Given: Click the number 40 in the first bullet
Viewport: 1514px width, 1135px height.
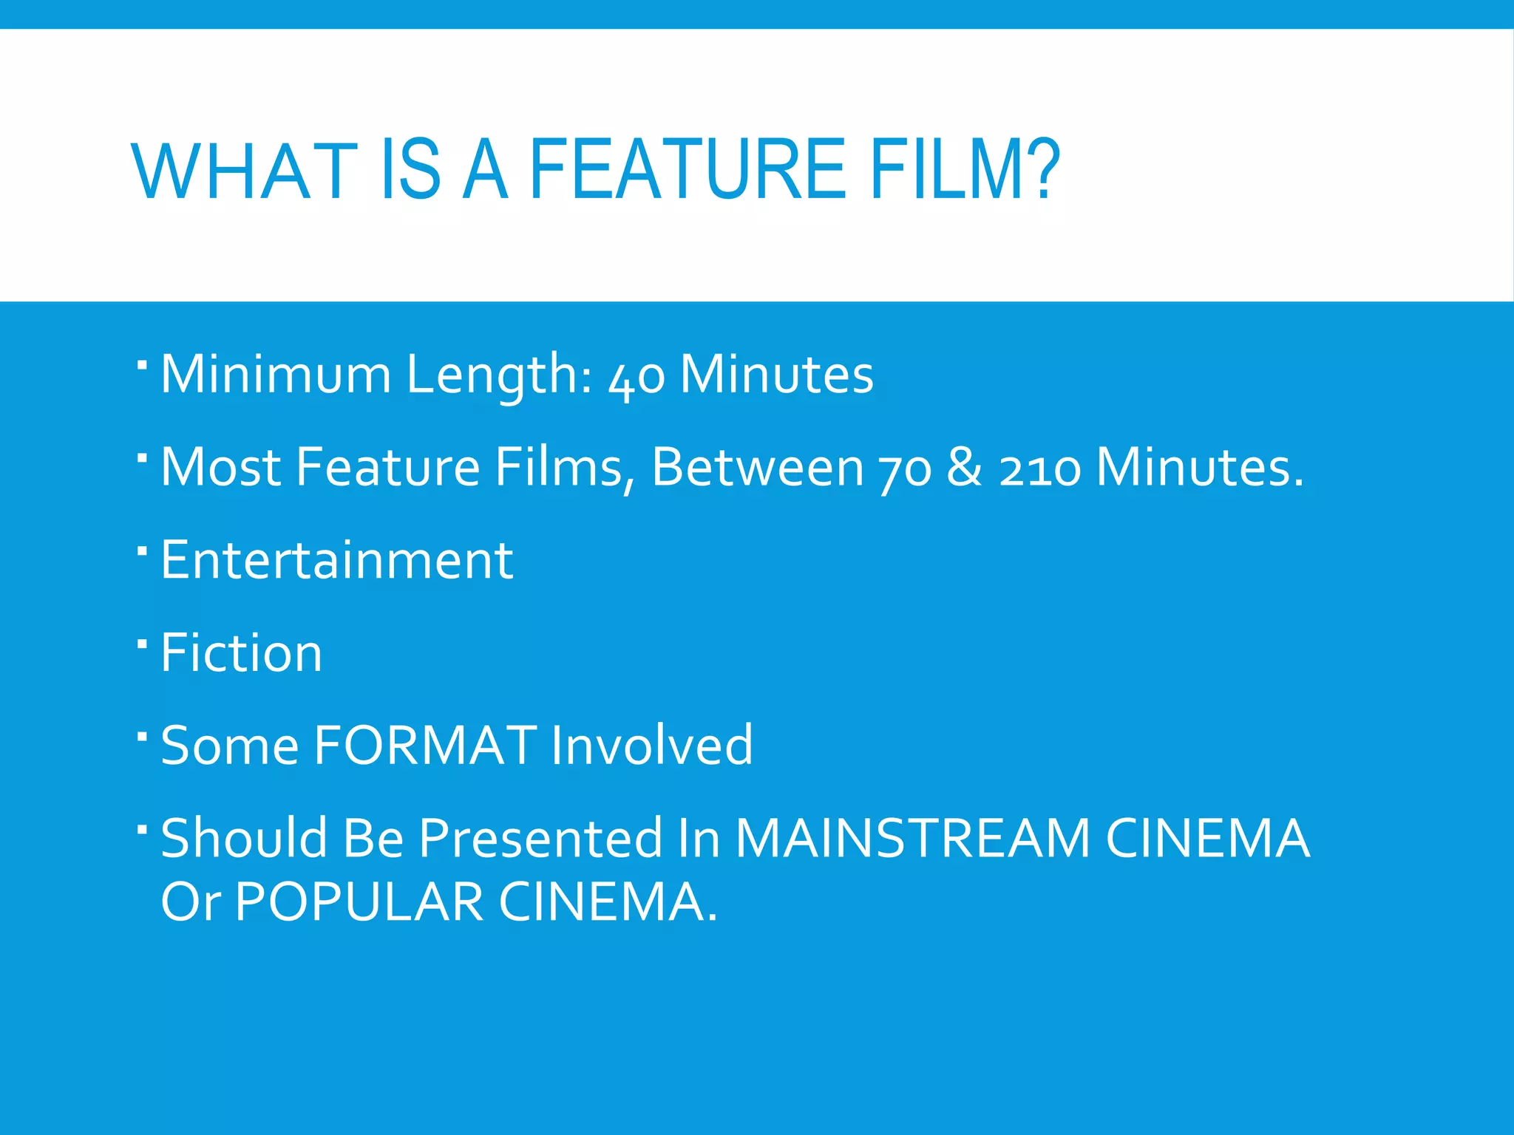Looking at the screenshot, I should (x=636, y=375).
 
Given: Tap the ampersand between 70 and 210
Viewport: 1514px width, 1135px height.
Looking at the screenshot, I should (x=965, y=467).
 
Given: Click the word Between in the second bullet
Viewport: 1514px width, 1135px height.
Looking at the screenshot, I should (x=758, y=467).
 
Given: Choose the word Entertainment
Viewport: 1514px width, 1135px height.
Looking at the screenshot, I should (x=336, y=560).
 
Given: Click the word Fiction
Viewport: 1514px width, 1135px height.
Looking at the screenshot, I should (x=241, y=653).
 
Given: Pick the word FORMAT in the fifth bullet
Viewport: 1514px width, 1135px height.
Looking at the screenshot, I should (x=425, y=745).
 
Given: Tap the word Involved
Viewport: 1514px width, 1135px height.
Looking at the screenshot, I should (x=651, y=745).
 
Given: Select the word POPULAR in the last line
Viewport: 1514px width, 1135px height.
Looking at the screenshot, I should (x=359, y=901).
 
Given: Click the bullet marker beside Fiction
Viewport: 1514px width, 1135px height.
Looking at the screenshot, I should (x=143, y=644).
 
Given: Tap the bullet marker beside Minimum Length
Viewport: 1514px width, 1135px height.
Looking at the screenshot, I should (x=143, y=365).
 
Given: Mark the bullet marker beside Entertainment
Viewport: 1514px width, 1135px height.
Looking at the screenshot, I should (x=143, y=551).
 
